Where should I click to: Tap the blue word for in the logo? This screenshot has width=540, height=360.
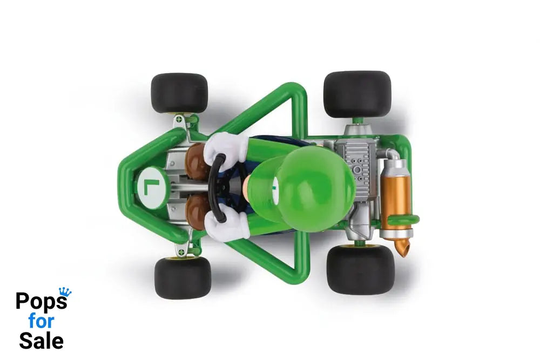point(41,321)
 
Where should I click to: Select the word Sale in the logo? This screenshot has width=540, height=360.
point(41,341)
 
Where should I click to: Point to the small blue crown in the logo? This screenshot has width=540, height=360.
point(65,291)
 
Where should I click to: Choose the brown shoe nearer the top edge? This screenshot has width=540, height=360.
point(198,161)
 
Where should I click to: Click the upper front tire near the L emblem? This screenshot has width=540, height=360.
point(179,93)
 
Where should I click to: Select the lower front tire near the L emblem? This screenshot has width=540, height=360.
point(183,278)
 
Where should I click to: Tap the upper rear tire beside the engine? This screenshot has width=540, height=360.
point(357,94)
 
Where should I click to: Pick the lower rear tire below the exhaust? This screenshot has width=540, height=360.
point(360,269)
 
